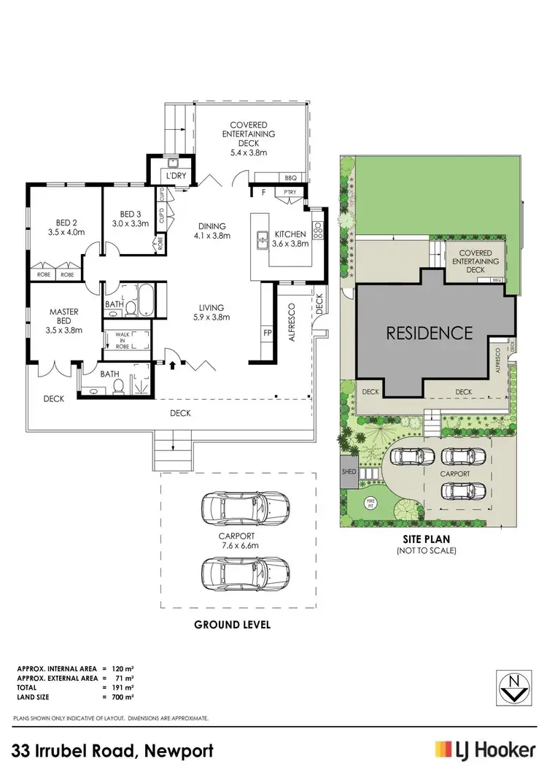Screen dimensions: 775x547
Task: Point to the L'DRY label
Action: click(174, 177)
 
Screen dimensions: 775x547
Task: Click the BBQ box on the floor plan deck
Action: click(290, 177)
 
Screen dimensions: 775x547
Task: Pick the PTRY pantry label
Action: click(289, 193)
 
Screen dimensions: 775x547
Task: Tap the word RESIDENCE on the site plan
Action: click(429, 333)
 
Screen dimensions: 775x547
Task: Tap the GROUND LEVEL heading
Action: click(233, 624)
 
